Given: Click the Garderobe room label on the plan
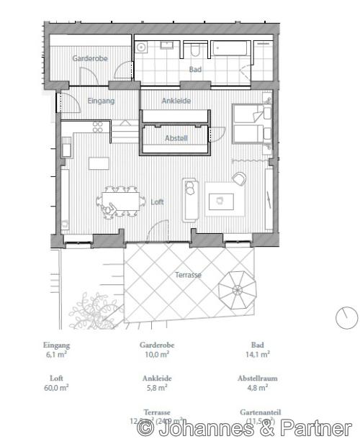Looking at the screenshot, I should pyautogui.click(x=90, y=58).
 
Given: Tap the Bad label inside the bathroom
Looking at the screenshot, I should pyautogui.click(x=195, y=70).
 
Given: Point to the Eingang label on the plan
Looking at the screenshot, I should pyautogui.click(x=101, y=101).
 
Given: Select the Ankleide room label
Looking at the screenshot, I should pyautogui.click(x=176, y=101).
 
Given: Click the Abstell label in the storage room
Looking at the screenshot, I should pyautogui.click(x=176, y=137).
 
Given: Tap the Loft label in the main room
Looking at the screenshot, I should pyautogui.click(x=157, y=202).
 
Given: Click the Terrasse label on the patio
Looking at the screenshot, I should pyautogui.click(x=188, y=275).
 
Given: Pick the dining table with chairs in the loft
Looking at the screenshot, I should pyautogui.click(x=120, y=200).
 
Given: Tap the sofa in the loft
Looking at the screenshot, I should pyautogui.click(x=190, y=198).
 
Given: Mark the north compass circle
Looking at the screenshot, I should pyautogui.click(x=346, y=317).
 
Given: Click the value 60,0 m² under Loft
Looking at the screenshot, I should pyautogui.click(x=56, y=387).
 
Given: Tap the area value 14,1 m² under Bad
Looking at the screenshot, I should pyautogui.click(x=257, y=354).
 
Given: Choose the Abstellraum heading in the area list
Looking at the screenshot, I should pyautogui.click(x=257, y=378).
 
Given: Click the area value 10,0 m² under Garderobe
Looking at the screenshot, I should pyautogui.click(x=157, y=354).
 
